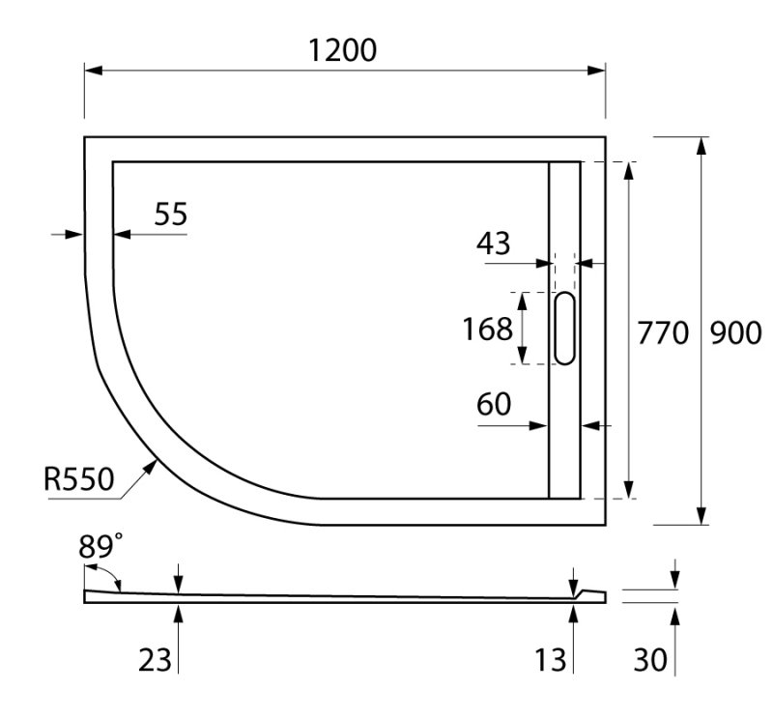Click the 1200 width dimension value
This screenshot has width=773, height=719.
click(342, 50)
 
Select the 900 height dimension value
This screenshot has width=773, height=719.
click(736, 332)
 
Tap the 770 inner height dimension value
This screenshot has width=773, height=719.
click(662, 332)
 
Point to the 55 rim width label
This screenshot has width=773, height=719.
click(170, 215)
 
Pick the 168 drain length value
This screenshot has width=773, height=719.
click(487, 330)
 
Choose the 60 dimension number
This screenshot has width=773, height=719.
click(494, 406)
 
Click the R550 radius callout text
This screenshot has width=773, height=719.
click(79, 478)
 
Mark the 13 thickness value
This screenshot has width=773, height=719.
click(551, 660)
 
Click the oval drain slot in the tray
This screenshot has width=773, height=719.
click(565, 329)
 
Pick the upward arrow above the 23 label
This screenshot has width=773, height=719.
click(179, 611)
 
